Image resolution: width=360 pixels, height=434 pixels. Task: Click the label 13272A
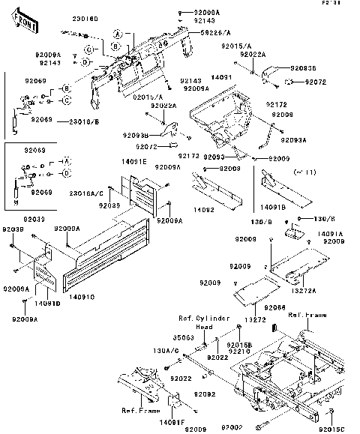pos(304,290)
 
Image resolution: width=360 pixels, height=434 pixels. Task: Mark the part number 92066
pos(274,307)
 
